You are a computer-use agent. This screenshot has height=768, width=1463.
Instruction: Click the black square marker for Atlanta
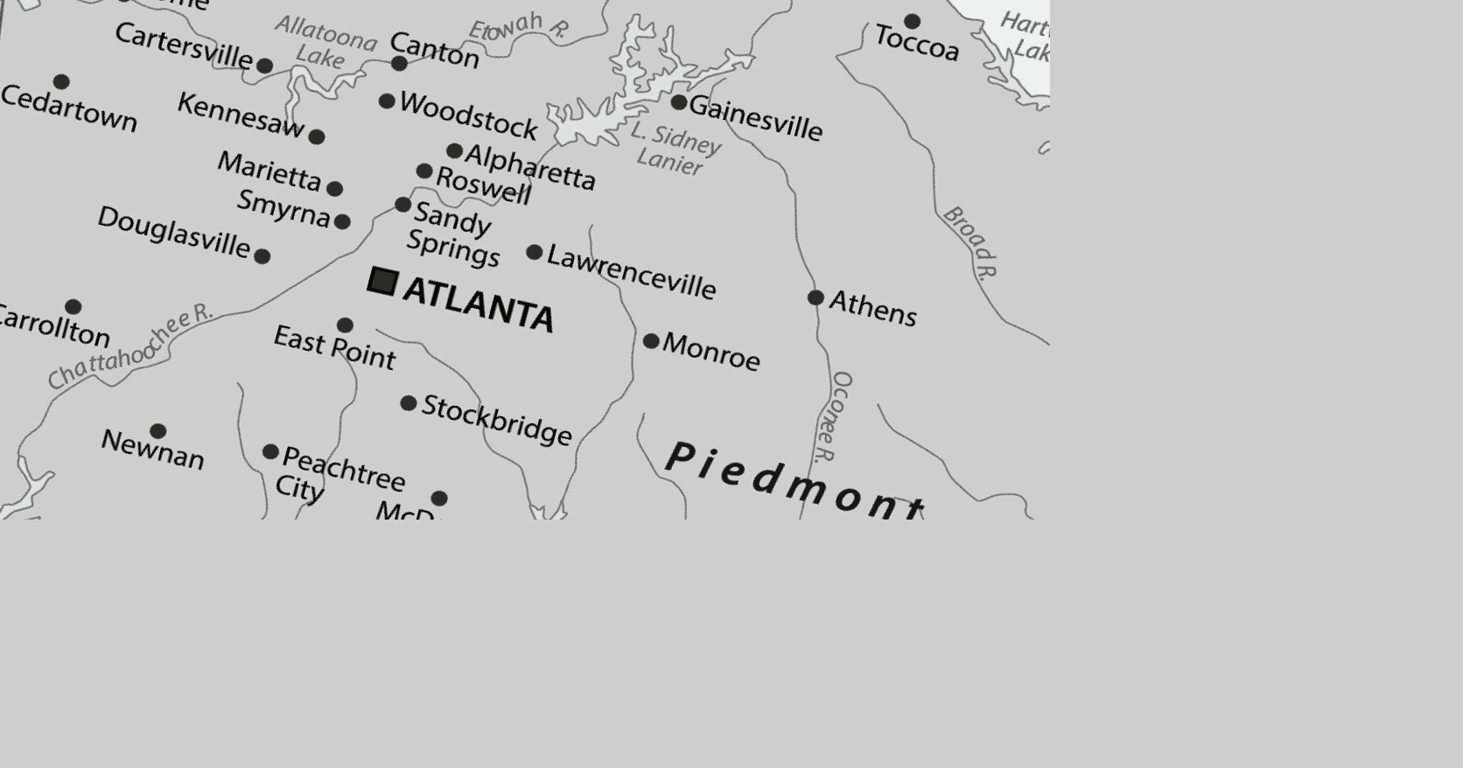click(383, 282)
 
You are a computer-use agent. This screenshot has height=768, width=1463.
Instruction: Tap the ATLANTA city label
click(479, 304)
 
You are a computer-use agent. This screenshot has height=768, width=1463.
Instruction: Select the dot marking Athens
click(815, 297)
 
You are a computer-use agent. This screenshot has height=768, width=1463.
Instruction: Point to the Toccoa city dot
click(912, 21)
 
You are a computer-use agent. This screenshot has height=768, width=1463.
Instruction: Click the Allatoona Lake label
click(325, 42)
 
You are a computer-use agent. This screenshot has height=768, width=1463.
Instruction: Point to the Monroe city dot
click(651, 341)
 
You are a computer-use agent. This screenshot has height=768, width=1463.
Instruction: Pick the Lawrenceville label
click(631, 272)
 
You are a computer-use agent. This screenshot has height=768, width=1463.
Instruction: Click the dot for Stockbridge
click(409, 403)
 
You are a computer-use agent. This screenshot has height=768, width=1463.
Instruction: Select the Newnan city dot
click(158, 431)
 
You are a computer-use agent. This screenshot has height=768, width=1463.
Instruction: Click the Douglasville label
click(174, 232)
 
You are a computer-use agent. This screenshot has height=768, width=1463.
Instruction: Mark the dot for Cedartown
click(61, 82)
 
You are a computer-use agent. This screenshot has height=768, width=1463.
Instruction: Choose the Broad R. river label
click(970, 242)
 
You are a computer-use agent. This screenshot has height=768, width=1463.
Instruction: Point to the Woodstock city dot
click(387, 101)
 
